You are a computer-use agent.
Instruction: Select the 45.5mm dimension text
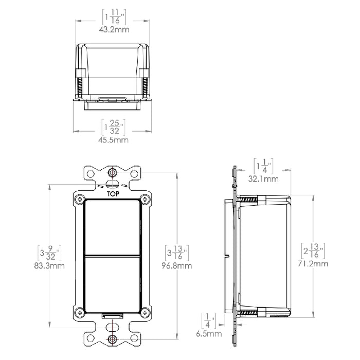pyautogui.click(x=114, y=139)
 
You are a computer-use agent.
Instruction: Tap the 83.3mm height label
pyautogui.click(x=50, y=266)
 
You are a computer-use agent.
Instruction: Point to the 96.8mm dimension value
pyautogui.click(x=177, y=266)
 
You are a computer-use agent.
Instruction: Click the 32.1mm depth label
pyautogui.click(x=264, y=179)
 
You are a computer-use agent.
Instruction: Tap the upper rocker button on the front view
pyautogui.click(x=112, y=227)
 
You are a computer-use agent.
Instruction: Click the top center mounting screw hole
pyautogui.click(x=112, y=172)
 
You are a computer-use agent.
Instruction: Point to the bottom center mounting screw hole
pyautogui.click(x=112, y=338)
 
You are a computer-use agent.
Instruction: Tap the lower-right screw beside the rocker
pyautogui.click(x=147, y=312)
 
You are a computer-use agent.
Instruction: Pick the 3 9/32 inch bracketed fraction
pyautogui.click(x=50, y=253)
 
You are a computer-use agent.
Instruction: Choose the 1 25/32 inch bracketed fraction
pyautogui.click(x=114, y=127)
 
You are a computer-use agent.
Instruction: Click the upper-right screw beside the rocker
pyautogui.click(x=147, y=199)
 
